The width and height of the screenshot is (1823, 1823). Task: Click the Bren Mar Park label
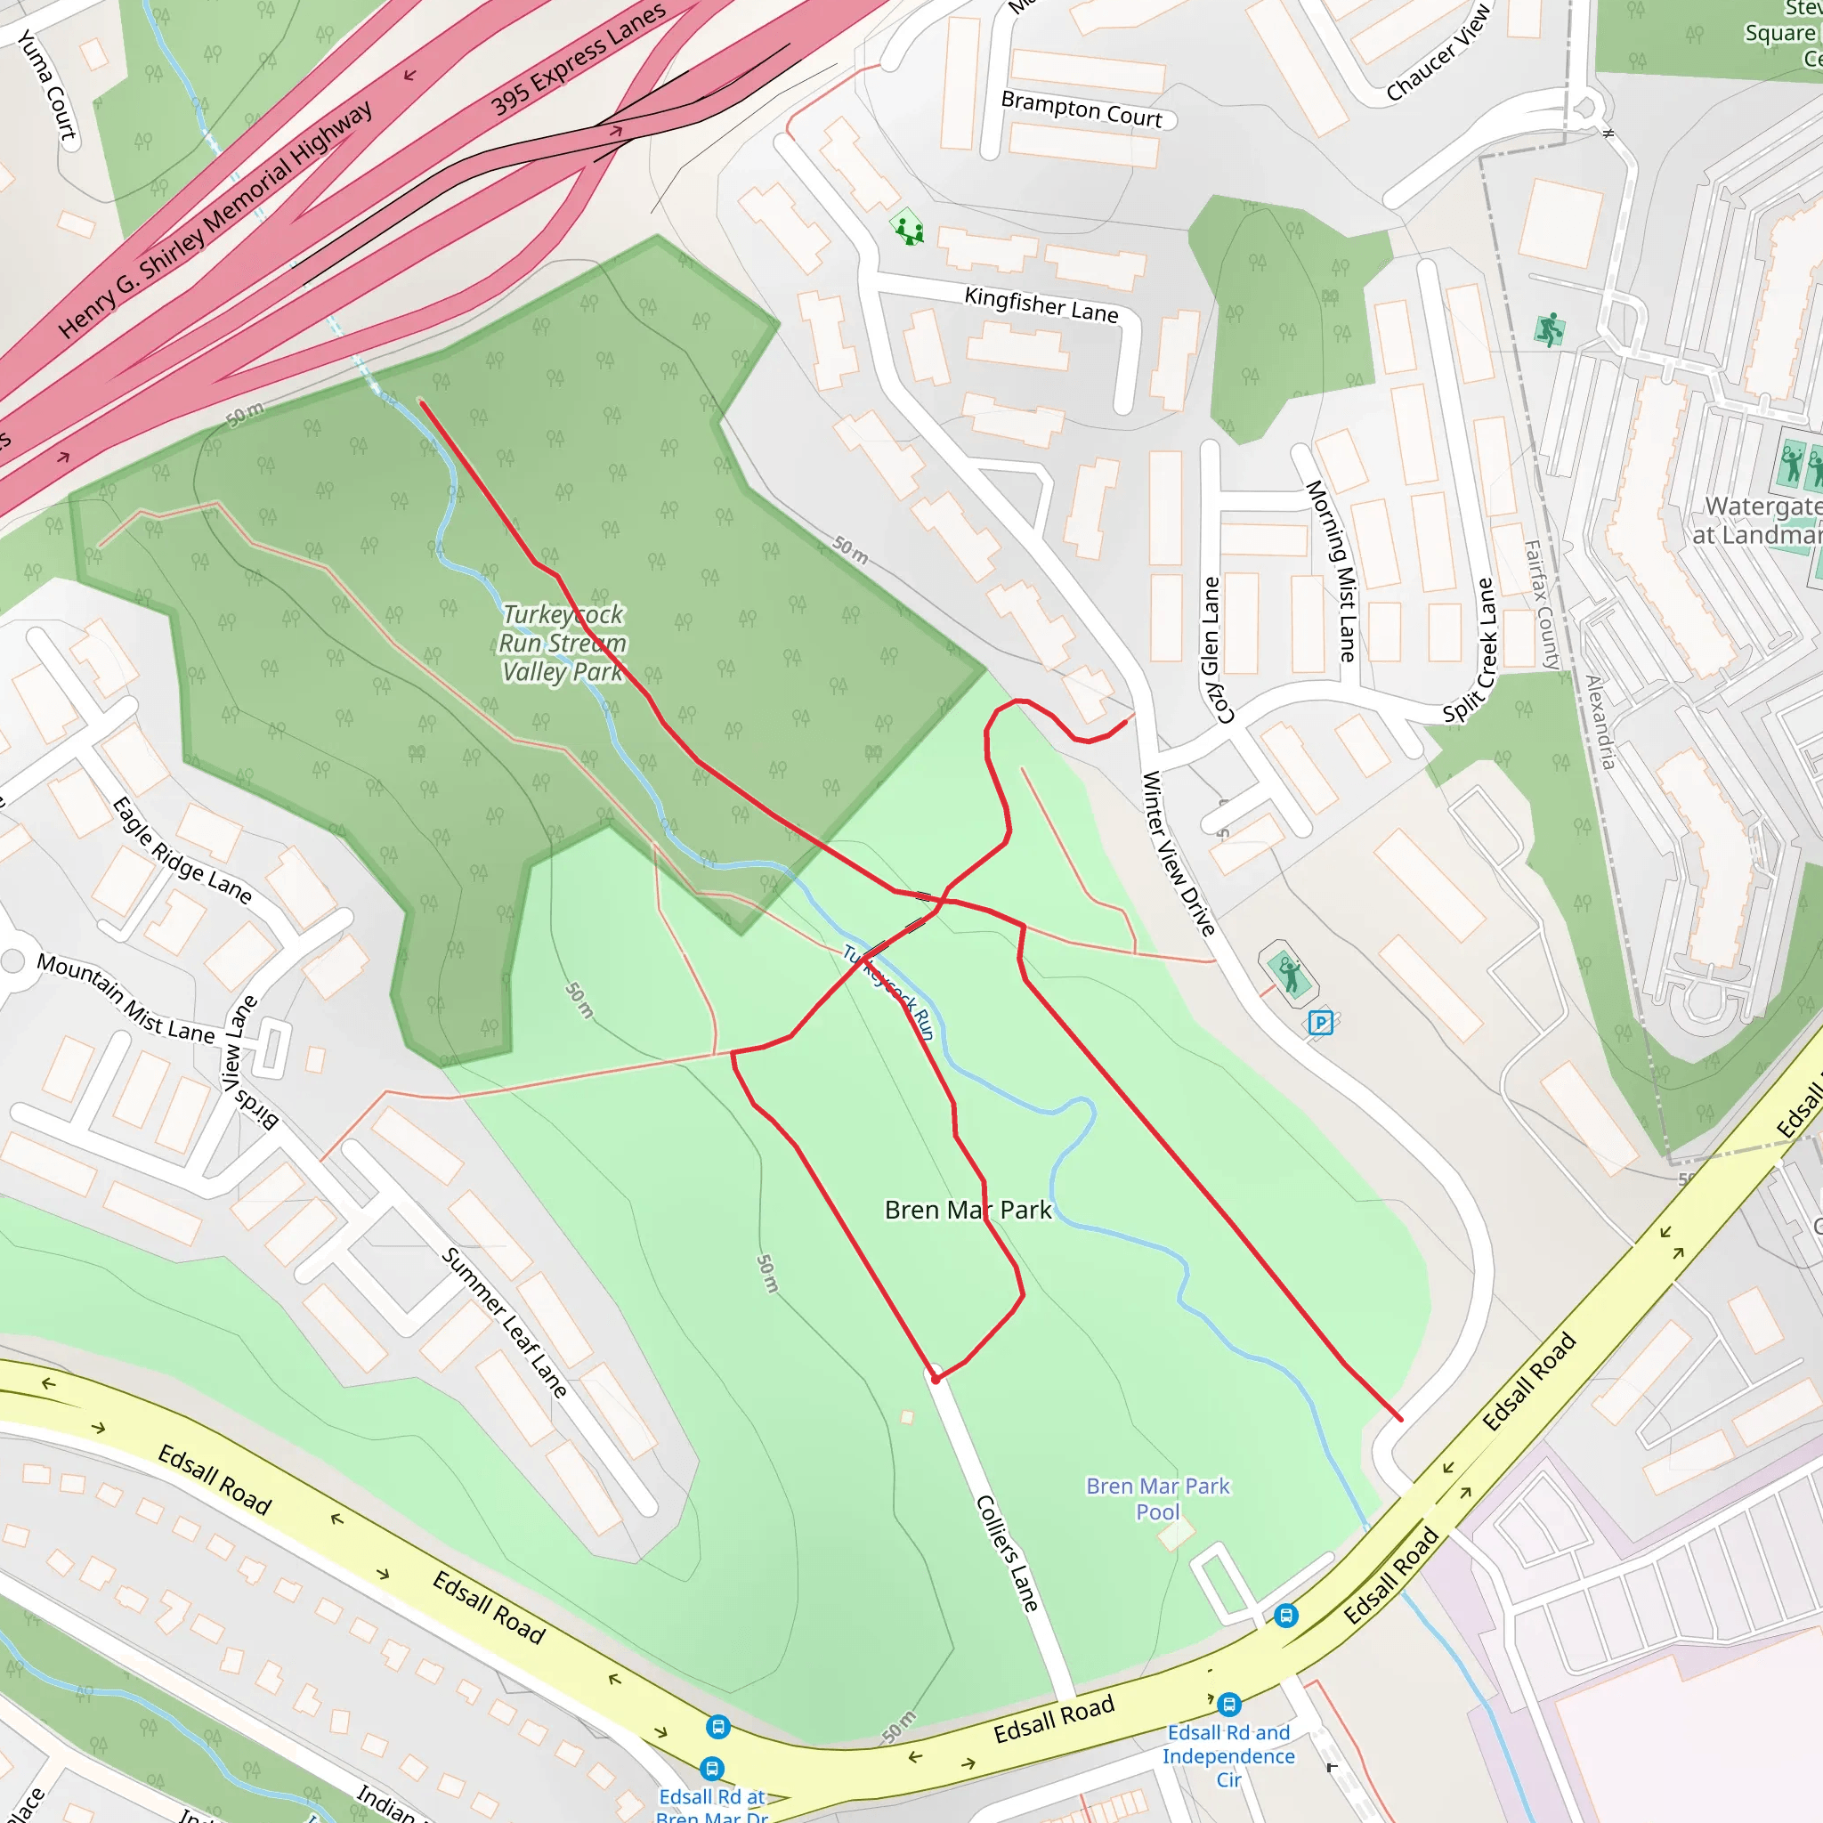click(x=968, y=1211)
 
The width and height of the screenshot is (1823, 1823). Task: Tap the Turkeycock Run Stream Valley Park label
click(x=563, y=644)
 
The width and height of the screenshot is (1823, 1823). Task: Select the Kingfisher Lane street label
click(x=1041, y=304)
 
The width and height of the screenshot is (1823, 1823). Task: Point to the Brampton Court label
click(x=1082, y=109)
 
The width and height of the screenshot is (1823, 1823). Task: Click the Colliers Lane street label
click(x=1007, y=1552)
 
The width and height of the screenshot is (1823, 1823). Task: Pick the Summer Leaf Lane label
click(x=505, y=1322)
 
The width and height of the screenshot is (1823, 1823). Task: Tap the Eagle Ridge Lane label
click(x=182, y=851)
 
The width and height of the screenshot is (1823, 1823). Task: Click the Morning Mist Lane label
click(x=1331, y=570)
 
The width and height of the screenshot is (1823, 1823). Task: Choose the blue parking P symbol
click(x=1321, y=1022)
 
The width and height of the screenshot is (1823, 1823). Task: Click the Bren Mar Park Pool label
click(x=1158, y=1498)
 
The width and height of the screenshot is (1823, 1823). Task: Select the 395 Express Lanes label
click(x=578, y=59)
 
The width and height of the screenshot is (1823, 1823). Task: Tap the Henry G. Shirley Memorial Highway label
click(x=215, y=219)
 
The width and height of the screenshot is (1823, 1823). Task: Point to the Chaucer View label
click(x=1438, y=52)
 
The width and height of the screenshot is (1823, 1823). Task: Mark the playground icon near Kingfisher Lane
click(x=908, y=227)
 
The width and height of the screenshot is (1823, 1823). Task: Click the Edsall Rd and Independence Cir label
click(x=1228, y=1756)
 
